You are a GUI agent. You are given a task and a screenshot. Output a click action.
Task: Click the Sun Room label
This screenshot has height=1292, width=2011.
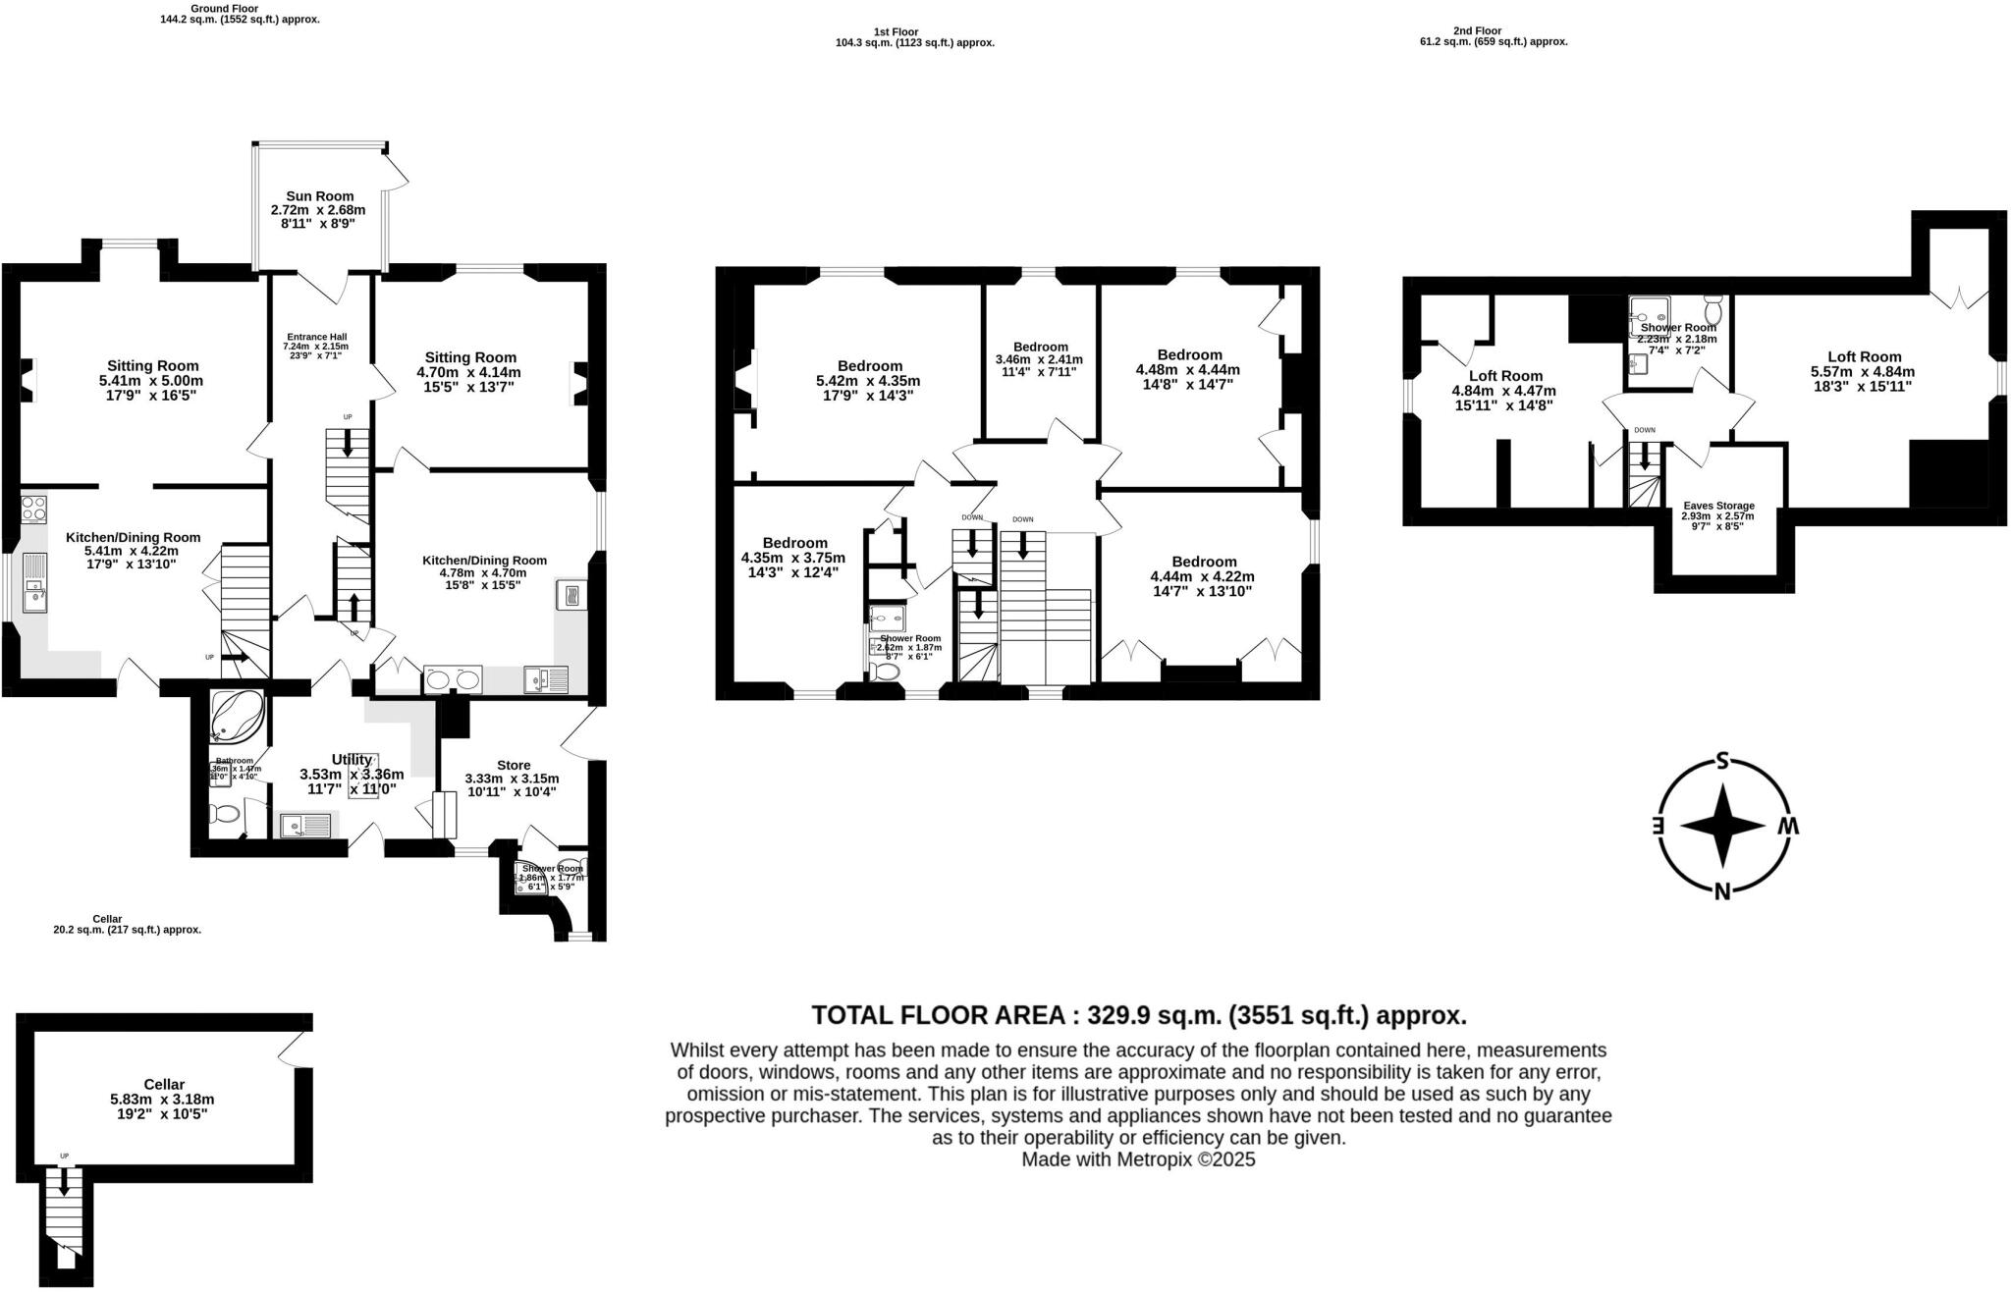tap(319, 196)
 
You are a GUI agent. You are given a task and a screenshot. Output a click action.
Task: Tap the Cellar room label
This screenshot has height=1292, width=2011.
tap(163, 1084)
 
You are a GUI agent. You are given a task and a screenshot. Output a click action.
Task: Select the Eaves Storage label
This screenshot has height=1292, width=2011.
tap(1717, 506)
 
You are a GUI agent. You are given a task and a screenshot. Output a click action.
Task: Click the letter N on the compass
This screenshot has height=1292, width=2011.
tap(1721, 891)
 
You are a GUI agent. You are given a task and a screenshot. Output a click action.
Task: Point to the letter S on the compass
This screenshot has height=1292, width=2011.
tap(1721, 759)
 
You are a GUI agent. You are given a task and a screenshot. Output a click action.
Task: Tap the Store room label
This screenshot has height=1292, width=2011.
tap(513, 765)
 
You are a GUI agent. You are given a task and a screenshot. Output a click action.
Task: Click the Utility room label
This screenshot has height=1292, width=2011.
tap(351, 759)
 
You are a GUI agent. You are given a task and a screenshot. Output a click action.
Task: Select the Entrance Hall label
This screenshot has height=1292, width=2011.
tap(315, 337)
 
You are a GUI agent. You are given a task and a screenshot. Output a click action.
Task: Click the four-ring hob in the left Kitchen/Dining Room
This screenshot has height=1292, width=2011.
tap(33, 509)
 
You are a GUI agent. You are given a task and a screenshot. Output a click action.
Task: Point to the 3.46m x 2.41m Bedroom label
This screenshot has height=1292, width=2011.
tap(1040, 347)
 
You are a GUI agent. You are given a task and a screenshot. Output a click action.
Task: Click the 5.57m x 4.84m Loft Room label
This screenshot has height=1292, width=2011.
tap(1864, 356)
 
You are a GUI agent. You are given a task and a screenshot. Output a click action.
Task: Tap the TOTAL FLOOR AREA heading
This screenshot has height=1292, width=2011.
tap(1138, 1014)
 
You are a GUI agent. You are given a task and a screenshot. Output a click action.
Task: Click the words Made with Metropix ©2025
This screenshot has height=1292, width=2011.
tap(1138, 1159)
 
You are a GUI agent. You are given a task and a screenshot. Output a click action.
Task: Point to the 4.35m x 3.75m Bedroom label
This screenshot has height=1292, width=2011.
tap(794, 542)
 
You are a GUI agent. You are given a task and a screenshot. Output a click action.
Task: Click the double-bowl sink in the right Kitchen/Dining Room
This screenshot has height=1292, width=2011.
tap(453, 679)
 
